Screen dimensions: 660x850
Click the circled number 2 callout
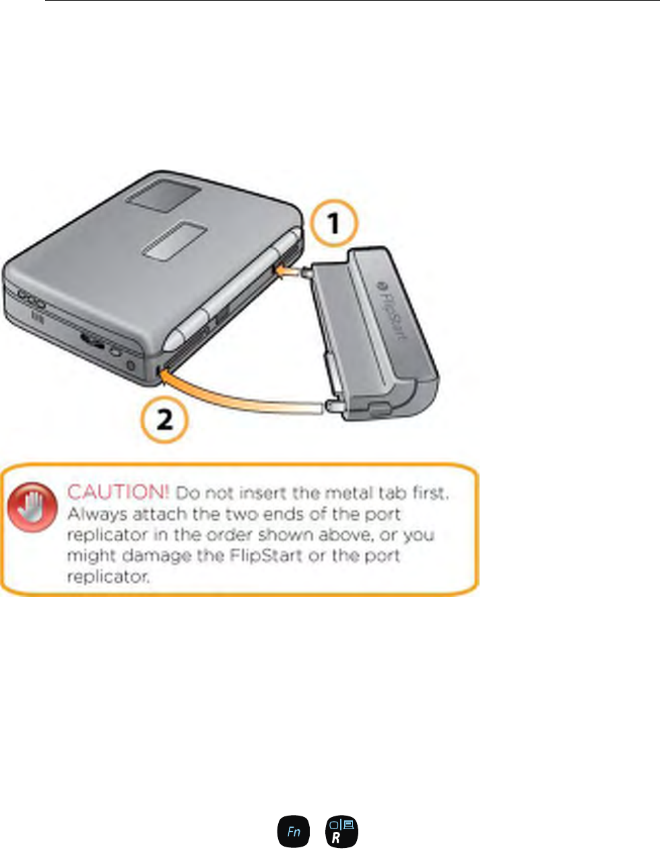pos(164,421)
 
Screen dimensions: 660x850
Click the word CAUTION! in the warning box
pos(118,492)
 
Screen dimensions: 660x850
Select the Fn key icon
pos(294,831)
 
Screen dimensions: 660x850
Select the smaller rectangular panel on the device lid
pos(174,240)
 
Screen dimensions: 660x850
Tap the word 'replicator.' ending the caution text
pos(108,577)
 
